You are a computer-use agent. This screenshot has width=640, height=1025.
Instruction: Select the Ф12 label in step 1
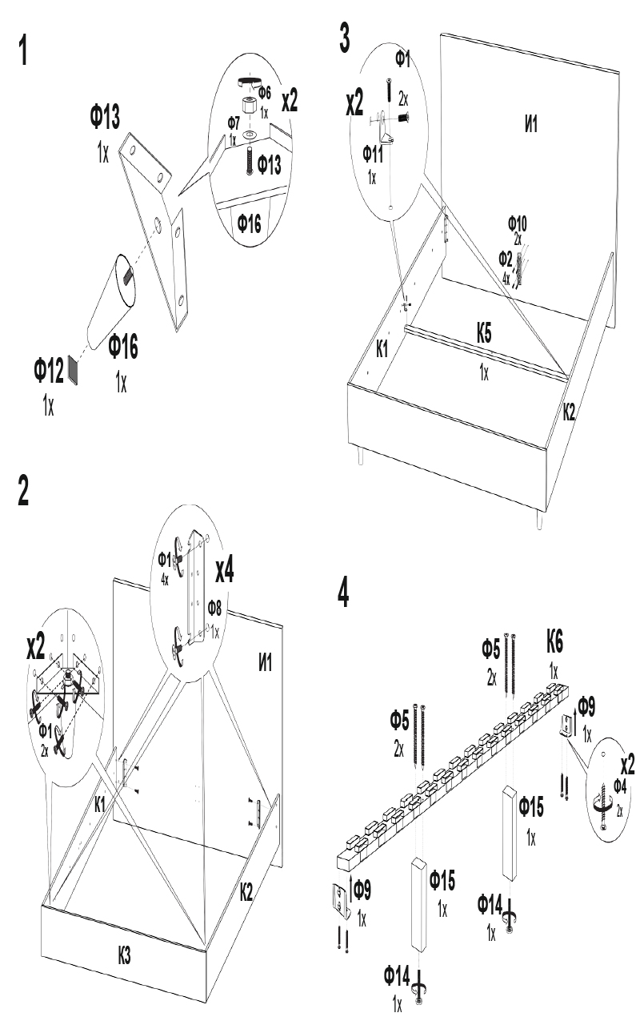point(49,371)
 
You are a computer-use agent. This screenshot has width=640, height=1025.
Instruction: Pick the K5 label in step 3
point(484,335)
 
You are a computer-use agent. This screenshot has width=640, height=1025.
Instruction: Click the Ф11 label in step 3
point(374,154)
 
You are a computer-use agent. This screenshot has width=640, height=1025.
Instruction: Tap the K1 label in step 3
point(383,348)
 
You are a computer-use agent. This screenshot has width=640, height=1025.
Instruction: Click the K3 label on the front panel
point(123,955)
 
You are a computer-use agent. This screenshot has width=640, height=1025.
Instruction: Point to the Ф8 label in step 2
point(216,607)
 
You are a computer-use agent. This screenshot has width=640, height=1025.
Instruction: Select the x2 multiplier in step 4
point(623,764)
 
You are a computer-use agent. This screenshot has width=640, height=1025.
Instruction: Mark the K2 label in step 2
point(246,890)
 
